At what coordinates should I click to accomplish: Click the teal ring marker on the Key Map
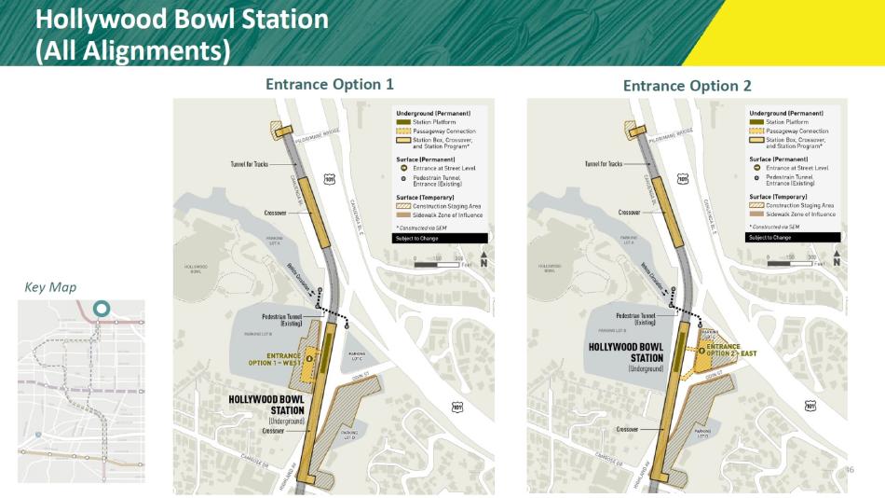coord(101,307)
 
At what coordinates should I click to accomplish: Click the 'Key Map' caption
coord(50,287)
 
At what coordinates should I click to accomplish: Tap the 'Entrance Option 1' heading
coord(330,85)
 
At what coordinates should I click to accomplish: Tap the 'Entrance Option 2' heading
coord(687,86)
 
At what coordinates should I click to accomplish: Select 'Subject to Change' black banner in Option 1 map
coord(439,238)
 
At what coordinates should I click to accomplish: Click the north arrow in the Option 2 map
coord(837,259)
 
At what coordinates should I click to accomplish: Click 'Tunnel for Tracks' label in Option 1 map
coord(250,164)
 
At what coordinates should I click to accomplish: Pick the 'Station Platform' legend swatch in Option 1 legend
coord(402,122)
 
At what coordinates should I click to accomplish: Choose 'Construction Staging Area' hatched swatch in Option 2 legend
coord(756,204)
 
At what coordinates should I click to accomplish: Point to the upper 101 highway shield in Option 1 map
coord(330,178)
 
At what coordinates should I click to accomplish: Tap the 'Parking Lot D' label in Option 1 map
coord(348,436)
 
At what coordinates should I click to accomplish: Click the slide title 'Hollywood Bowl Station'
coord(181,19)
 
